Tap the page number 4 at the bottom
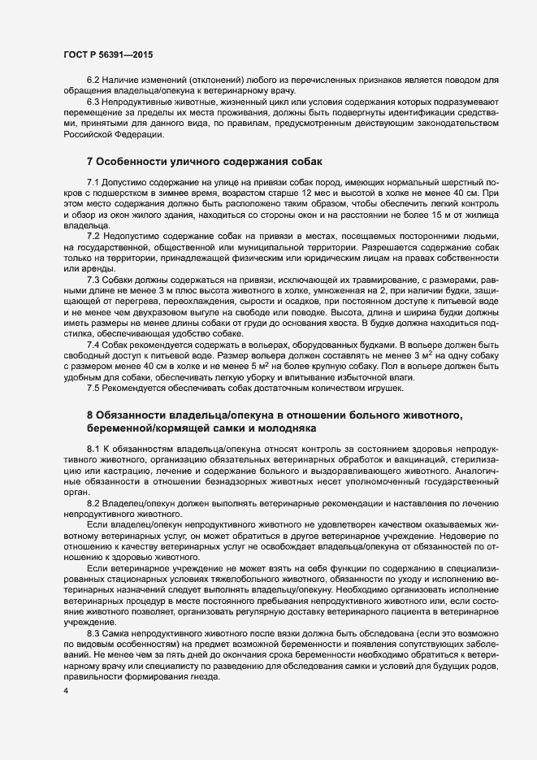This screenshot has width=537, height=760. click(x=66, y=691)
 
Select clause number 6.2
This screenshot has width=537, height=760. click(x=93, y=79)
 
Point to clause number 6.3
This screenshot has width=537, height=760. click(x=93, y=101)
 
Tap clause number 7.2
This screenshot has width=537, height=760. click(x=93, y=234)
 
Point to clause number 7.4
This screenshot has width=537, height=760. click(x=93, y=344)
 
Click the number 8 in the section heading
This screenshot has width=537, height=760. click(x=89, y=415)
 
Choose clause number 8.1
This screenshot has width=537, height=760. click(x=93, y=449)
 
